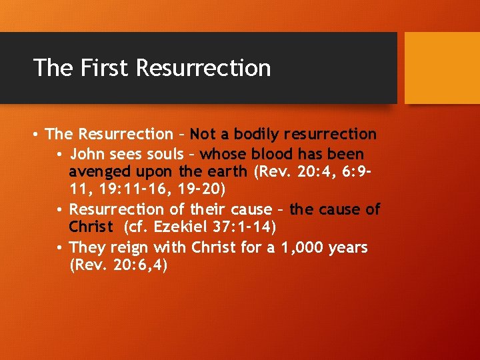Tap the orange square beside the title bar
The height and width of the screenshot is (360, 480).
(442, 68)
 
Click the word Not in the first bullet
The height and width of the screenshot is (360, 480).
(203, 134)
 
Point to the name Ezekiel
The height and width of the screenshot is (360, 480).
(181, 227)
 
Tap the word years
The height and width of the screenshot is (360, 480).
(348, 247)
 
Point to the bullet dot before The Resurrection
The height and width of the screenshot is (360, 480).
(36, 135)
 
